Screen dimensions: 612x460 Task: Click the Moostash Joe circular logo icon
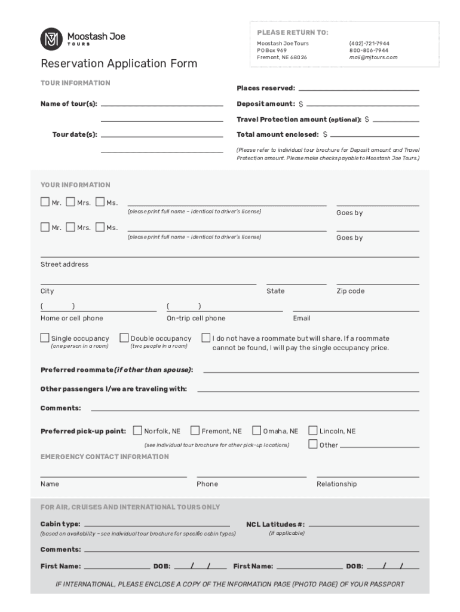tap(51, 39)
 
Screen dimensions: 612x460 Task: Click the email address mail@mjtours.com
tap(373, 58)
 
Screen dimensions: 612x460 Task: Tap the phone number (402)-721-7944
tap(369, 44)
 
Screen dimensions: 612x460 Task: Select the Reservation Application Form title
tap(118, 64)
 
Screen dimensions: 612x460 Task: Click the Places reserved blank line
tap(358, 89)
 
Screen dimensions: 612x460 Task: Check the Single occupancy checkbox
tap(45, 338)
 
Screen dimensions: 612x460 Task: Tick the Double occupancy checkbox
tap(124, 338)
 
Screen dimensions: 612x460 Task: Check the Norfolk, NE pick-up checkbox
tap(138, 430)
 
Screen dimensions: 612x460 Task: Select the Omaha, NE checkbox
tap(257, 430)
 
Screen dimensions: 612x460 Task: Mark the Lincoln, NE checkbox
tap(313, 430)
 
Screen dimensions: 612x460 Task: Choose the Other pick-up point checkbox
tap(313, 444)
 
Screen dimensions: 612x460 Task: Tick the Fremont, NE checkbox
tap(194, 430)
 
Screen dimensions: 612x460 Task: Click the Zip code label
tap(350, 292)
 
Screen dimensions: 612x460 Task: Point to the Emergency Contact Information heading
tap(105, 457)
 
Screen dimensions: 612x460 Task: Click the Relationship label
tap(336, 484)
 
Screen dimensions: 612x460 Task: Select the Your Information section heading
tap(75, 185)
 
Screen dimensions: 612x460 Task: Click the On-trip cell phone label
tap(196, 319)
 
